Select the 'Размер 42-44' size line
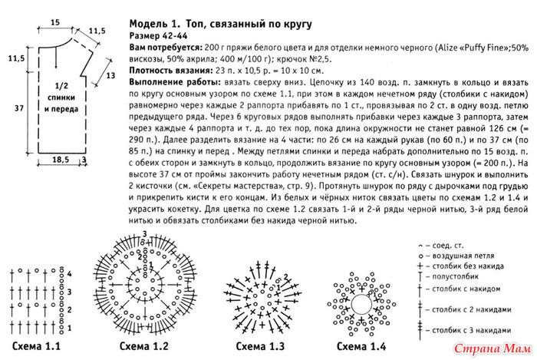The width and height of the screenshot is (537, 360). point(159,35)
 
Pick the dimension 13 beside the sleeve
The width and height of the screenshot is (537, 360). point(110,74)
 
